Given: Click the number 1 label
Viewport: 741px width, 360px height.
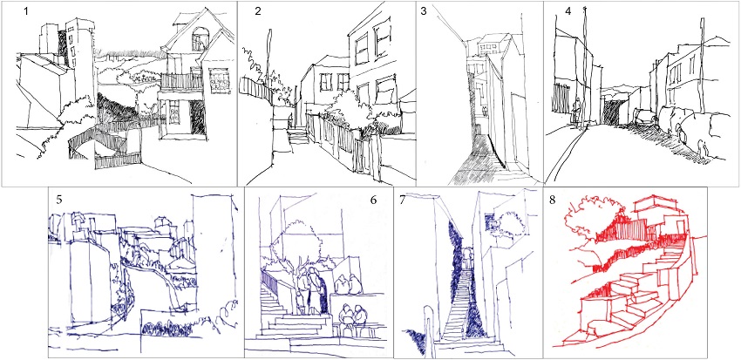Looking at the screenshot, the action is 26,10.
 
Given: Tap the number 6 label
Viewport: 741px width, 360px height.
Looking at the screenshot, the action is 373,200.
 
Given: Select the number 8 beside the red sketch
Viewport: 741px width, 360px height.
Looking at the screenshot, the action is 554,200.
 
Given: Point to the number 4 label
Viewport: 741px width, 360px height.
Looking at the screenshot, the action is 568,12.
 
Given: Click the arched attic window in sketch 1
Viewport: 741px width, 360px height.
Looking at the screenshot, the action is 199,38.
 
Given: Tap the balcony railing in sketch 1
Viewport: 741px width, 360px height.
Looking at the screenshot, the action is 182,81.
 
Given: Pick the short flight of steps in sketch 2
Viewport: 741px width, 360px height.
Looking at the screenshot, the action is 298,137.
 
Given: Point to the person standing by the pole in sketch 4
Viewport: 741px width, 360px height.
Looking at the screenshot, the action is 575,112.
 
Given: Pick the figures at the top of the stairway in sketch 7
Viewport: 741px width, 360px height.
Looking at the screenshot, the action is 467,258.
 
